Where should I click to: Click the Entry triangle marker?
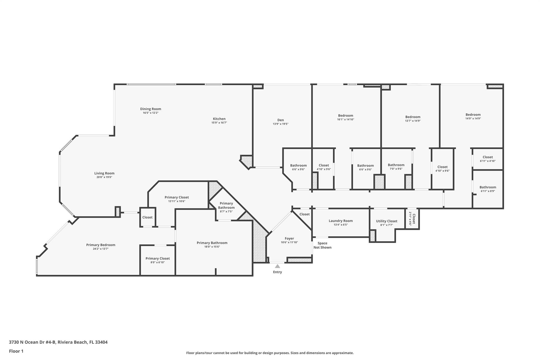point(277,266)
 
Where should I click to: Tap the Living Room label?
point(104,173)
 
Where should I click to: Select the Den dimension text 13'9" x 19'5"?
point(281,124)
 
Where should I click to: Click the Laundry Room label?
point(341,221)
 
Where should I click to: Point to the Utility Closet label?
point(387,221)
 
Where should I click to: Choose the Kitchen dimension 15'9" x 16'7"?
point(219,123)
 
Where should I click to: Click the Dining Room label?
point(151,109)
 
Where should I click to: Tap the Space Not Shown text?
point(322,245)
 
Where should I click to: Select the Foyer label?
point(289,238)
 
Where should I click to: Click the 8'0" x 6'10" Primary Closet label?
point(158,258)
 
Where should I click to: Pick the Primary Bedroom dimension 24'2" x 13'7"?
point(101,249)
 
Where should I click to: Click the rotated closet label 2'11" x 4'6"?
point(412,219)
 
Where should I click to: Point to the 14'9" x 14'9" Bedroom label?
point(473,114)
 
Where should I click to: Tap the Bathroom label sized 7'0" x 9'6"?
point(396,165)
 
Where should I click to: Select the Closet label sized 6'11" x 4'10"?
point(488,157)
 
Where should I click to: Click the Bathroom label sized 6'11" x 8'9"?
point(488,187)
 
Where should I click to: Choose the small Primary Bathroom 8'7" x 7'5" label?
point(226,205)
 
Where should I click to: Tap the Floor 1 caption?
point(16,351)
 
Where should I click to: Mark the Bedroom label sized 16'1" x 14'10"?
point(345,116)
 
